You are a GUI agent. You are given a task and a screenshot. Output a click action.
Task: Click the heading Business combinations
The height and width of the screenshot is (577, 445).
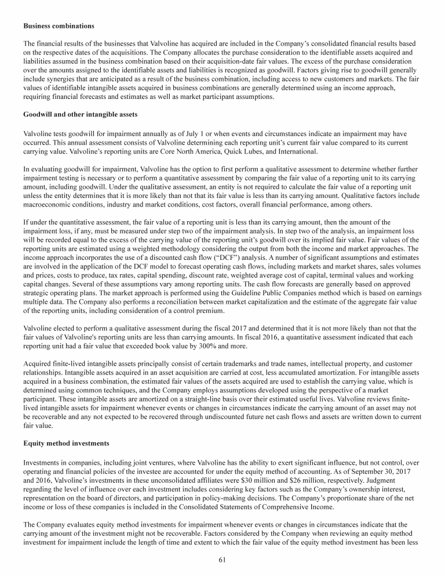tap(59, 26)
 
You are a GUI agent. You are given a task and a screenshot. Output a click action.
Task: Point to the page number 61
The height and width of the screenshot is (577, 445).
tap(222, 559)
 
